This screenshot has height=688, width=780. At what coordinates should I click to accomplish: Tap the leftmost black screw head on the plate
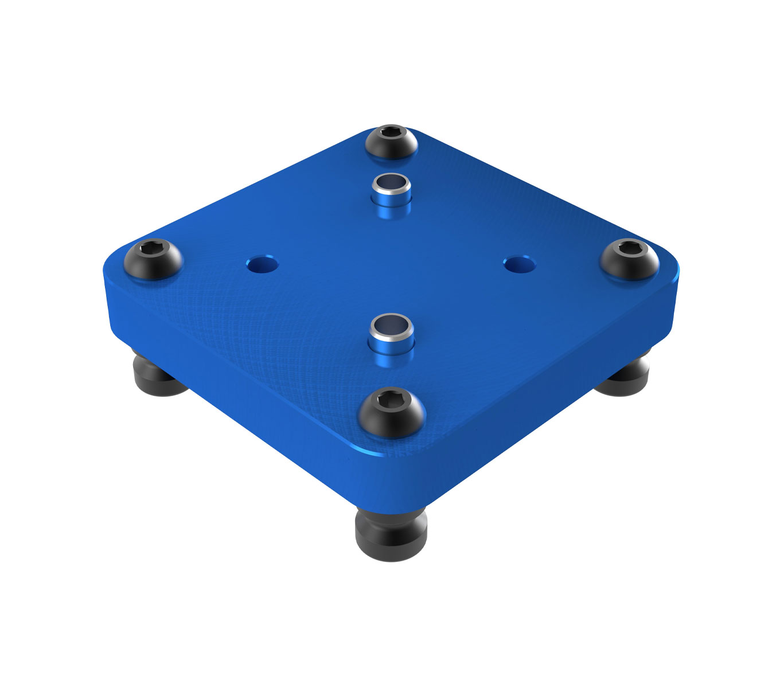click(153, 260)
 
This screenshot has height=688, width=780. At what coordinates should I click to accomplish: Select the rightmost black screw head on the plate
click(629, 259)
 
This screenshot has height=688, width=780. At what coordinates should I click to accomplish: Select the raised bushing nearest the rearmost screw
click(391, 191)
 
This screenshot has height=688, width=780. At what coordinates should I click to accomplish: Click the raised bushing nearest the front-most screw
click(392, 336)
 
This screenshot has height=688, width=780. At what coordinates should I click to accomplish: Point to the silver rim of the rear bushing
click(391, 177)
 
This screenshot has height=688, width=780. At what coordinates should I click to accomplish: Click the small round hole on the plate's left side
click(262, 265)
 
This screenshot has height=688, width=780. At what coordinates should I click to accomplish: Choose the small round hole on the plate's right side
click(519, 264)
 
